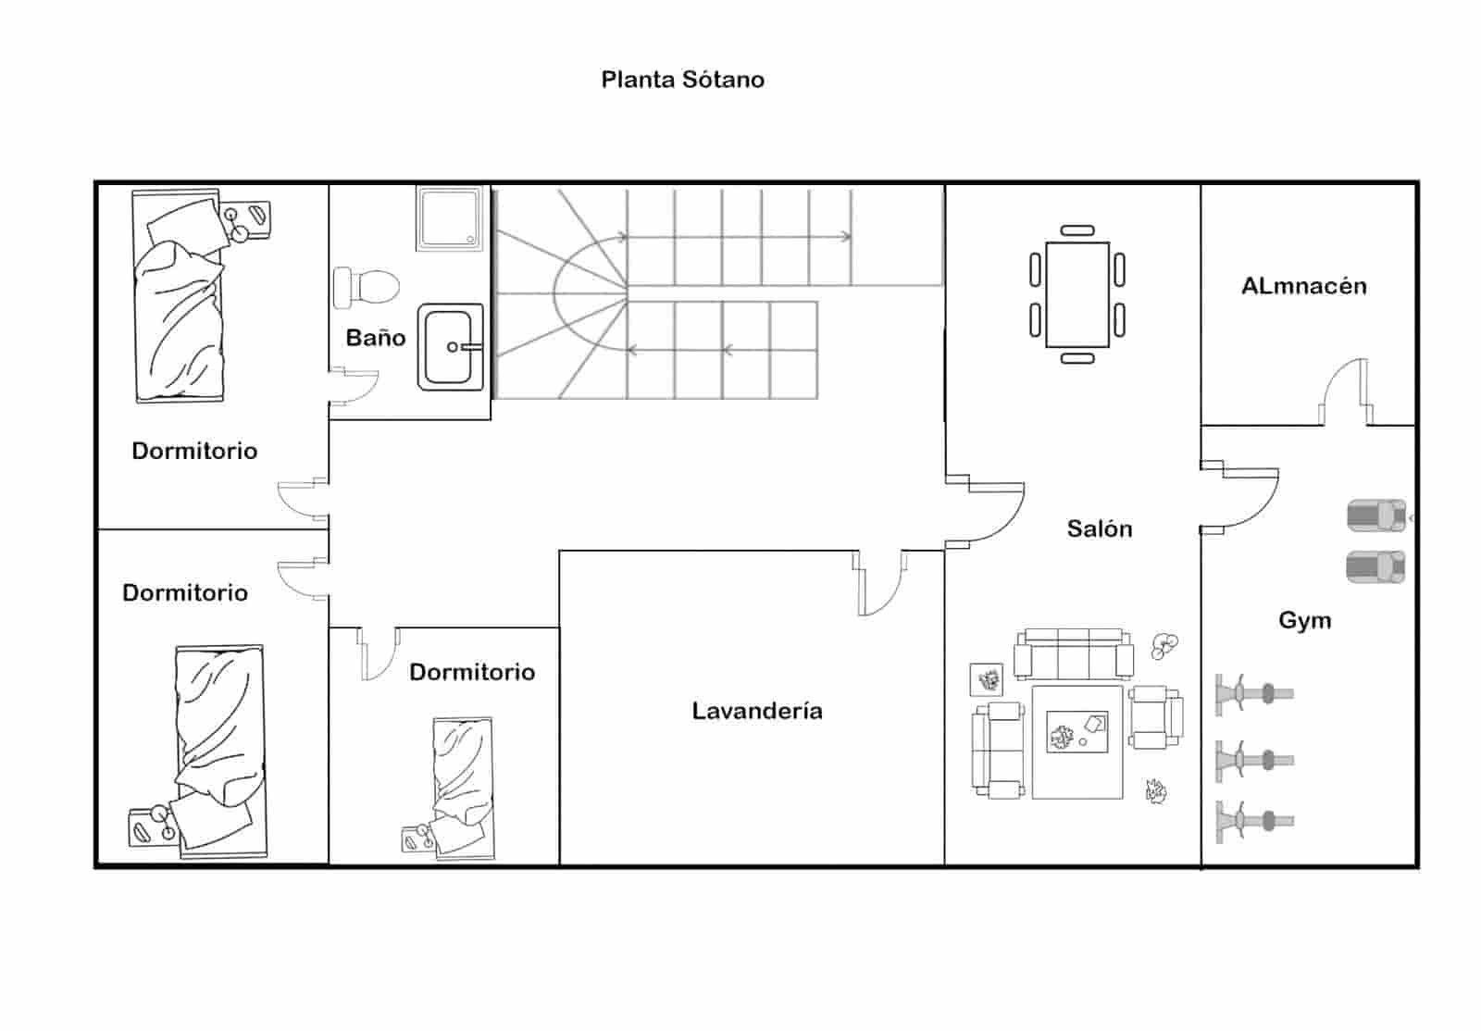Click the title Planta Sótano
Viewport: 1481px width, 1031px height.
682,80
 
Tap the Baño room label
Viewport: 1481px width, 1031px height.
376,338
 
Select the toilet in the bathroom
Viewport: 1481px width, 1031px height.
367,288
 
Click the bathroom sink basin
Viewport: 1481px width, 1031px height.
450,347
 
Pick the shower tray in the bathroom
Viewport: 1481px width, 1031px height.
449,218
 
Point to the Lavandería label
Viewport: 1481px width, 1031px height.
757,711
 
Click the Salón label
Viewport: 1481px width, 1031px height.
1100,528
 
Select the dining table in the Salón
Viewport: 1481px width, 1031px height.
1077,294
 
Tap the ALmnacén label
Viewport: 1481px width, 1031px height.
1304,286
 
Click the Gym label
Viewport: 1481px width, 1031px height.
1304,621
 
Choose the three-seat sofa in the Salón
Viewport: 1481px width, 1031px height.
1074,653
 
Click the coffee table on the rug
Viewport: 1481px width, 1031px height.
1077,732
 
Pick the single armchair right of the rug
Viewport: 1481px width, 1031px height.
1156,717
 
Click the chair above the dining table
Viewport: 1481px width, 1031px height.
1077,230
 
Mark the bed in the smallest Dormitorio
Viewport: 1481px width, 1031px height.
463,789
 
